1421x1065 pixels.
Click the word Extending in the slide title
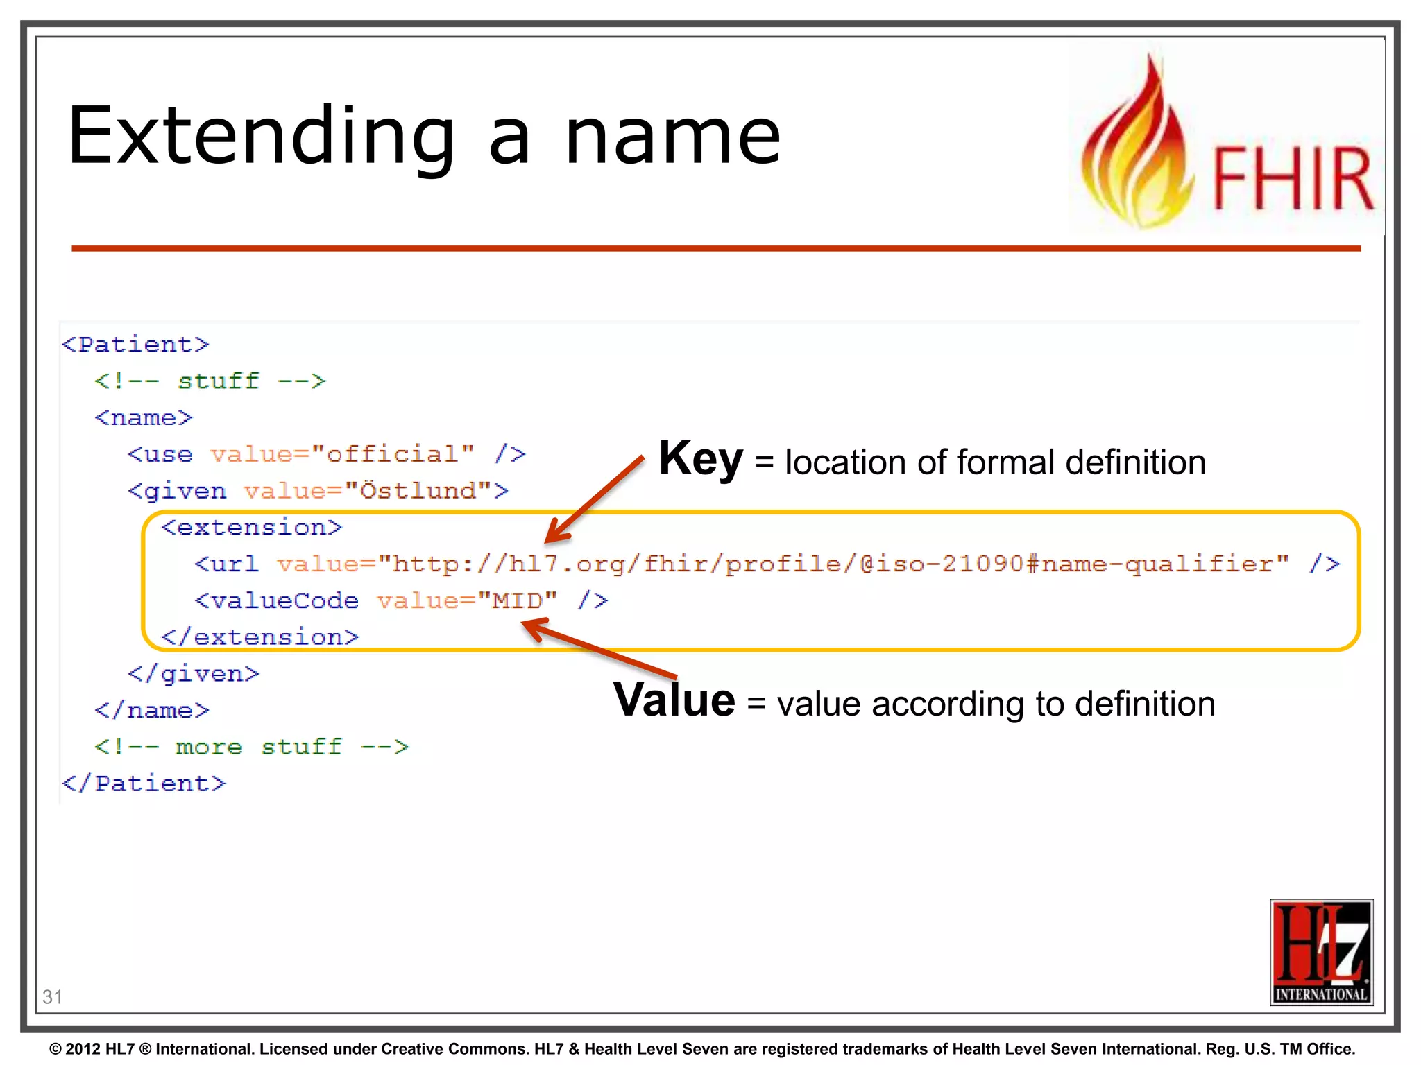260,137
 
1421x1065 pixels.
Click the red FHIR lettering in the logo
1293,178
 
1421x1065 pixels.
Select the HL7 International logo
1321,951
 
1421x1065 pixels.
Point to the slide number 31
52,996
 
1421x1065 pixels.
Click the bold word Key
701,459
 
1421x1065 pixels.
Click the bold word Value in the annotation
674,700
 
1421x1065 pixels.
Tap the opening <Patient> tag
135,345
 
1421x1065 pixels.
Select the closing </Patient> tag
144,783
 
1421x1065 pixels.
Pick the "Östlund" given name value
418,491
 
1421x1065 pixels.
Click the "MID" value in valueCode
517,600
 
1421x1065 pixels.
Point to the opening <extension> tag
252,528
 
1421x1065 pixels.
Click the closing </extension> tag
260,637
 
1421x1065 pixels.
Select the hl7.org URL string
833,564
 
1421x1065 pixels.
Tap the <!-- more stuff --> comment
252,747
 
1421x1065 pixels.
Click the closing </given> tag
194,674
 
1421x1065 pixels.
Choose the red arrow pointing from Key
595,499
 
